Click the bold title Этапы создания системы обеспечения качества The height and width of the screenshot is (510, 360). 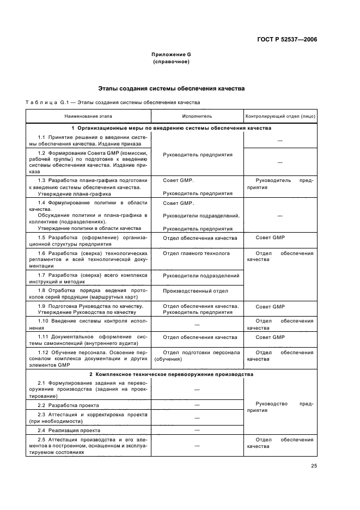(171, 88)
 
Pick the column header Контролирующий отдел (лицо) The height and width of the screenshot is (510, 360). (280, 116)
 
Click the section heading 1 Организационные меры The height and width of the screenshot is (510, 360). (171, 128)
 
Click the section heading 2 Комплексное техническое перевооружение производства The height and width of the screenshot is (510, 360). (171, 375)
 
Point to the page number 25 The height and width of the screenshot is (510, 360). (314, 465)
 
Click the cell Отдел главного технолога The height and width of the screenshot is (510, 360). (197, 253)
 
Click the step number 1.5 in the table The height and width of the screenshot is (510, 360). (41, 238)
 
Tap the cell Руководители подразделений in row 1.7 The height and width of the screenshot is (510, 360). (201, 276)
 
